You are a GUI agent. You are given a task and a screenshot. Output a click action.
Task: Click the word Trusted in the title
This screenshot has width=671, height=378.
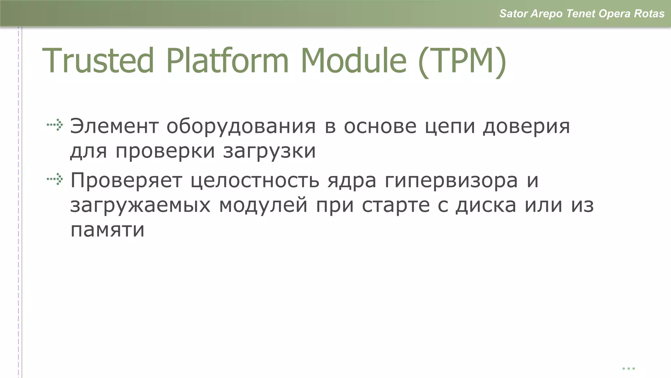(x=98, y=61)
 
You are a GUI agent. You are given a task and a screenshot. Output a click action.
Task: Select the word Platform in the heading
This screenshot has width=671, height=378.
(x=227, y=61)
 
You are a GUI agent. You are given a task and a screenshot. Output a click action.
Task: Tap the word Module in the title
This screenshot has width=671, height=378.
(x=354, y=61)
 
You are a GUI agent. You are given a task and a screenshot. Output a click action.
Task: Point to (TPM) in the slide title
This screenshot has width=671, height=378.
(x=462, y=61)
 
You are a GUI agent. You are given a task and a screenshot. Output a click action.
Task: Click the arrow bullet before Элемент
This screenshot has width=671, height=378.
(x=55, y=125)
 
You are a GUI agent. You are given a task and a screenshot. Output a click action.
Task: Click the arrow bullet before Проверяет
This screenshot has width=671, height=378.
(x=55, y=179)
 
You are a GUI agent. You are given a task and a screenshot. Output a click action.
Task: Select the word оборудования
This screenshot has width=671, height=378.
(x=241, y=127)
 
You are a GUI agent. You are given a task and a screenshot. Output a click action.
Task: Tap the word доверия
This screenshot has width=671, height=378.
(x=526, y=127)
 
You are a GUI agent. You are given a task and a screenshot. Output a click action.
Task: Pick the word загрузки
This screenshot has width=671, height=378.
(x=269, y=151)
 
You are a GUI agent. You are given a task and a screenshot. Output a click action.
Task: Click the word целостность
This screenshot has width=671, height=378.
(x=255, y=181)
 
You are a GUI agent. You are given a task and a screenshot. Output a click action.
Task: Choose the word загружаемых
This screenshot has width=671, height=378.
(x=140, y=206)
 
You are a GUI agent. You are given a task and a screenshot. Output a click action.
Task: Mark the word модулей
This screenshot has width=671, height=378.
(x=263, y=205)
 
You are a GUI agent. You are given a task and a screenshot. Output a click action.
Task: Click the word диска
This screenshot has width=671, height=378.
(x=486, y=205)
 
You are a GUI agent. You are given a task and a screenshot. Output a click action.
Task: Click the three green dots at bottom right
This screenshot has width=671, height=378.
(x=628, y=368)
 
